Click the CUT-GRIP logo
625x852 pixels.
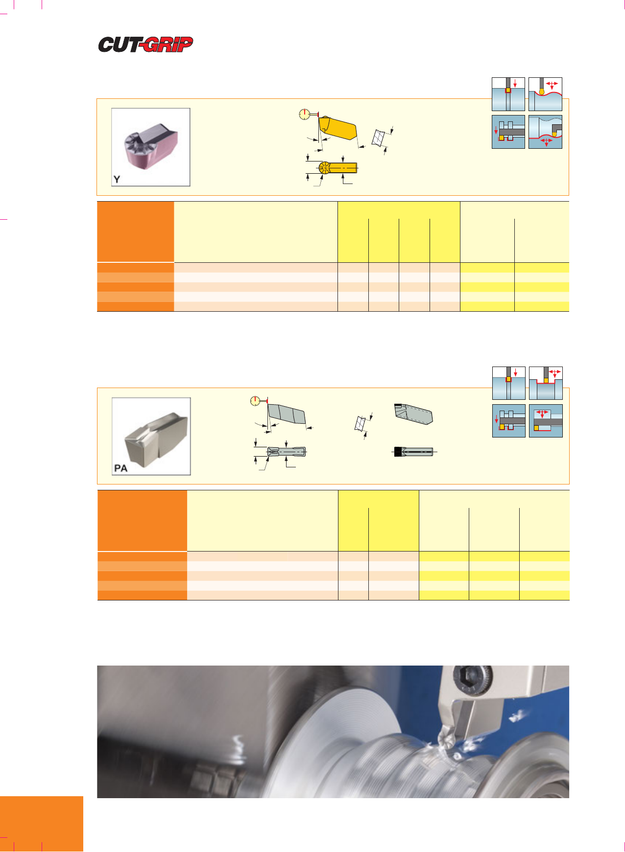click(x=145, y=45)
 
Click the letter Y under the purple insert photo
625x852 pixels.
click(x=117, y=179)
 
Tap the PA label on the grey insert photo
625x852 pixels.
click(x=120, y=468)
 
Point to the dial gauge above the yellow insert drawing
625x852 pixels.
click(x=305, y=115)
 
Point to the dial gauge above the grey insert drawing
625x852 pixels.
click(x=255, y=401)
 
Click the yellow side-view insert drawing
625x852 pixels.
click(x=337, y=128)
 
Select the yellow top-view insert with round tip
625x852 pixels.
click(x=337, y=168)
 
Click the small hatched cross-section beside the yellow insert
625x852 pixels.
click(x=378, y=137)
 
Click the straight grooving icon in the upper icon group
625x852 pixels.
click(x=508, y=94)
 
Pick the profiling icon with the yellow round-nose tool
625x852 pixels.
click(x=545, y=94)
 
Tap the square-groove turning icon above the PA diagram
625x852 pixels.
click(x=546, y=383)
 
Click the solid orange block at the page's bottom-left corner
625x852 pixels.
click(x=42, y=824)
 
